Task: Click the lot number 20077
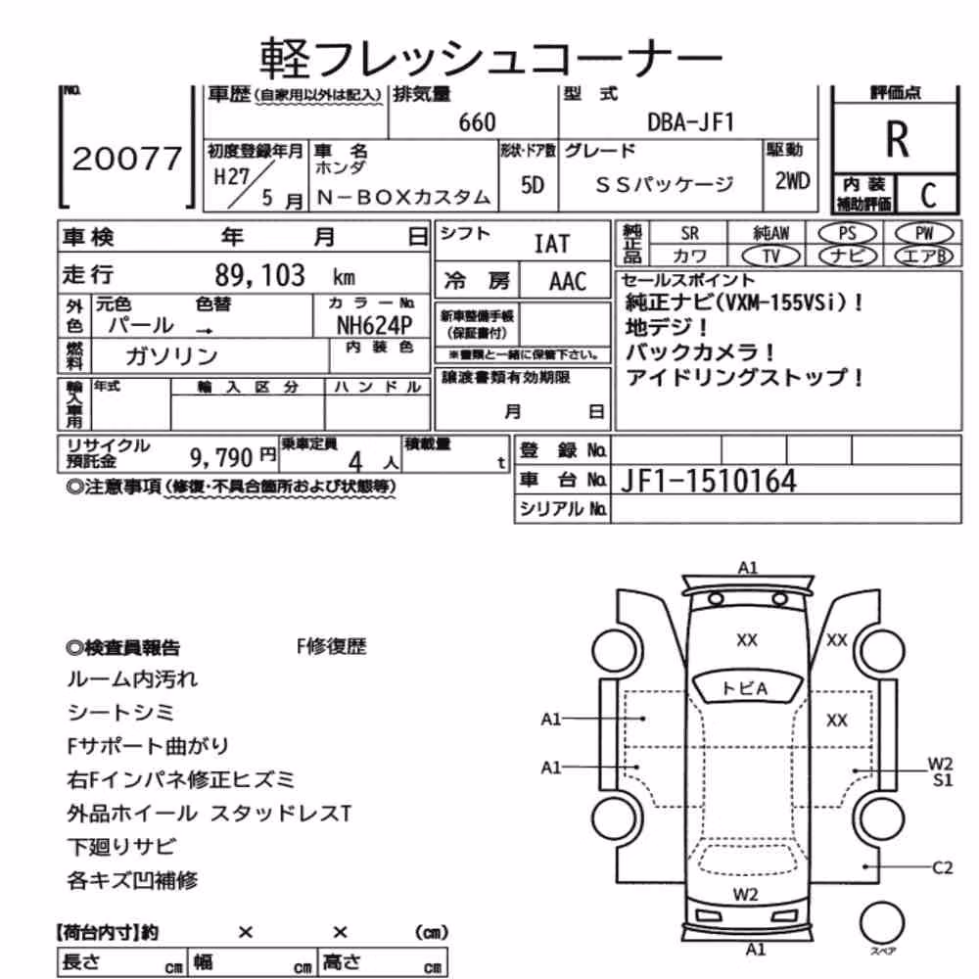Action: pyautogui.click(x=126, y=159)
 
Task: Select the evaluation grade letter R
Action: pyautogui.click(x=897, y=139)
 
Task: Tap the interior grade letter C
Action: pyautogui.click(x=928, y=196)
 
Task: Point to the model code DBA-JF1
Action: pyautogui.click(x=690, y=121)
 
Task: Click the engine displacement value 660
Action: pyautogui.click(x=477, y=122)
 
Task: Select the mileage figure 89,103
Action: pyautogui.click(x=259, y=275)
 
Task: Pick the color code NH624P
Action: pyautogui.click(x=375, y=325)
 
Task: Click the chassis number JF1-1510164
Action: pyautogui.click(x=708, y=481)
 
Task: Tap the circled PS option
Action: pyautogui.click(x=847, y=234)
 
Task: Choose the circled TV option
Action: pyautogui.click(x=771, y=256)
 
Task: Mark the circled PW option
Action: pyautogui.click(x=924, y=234)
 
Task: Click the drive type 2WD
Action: pyautogui.click(x=792, y=181)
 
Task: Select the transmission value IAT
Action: pyautogui.click(x=552, y=244)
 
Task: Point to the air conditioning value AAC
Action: pyautogui.click(x=568, y=282)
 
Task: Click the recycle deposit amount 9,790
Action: pyautogui.click(x=221, y=458)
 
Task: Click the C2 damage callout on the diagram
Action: pyautogui.click(x=942, y=867)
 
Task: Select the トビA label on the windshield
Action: pyautogui.click(x=744, y=688)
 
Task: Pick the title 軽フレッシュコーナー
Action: pyautogui.click(x=490, y=57)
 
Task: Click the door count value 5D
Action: pyautogui.click(x=532, y=185)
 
